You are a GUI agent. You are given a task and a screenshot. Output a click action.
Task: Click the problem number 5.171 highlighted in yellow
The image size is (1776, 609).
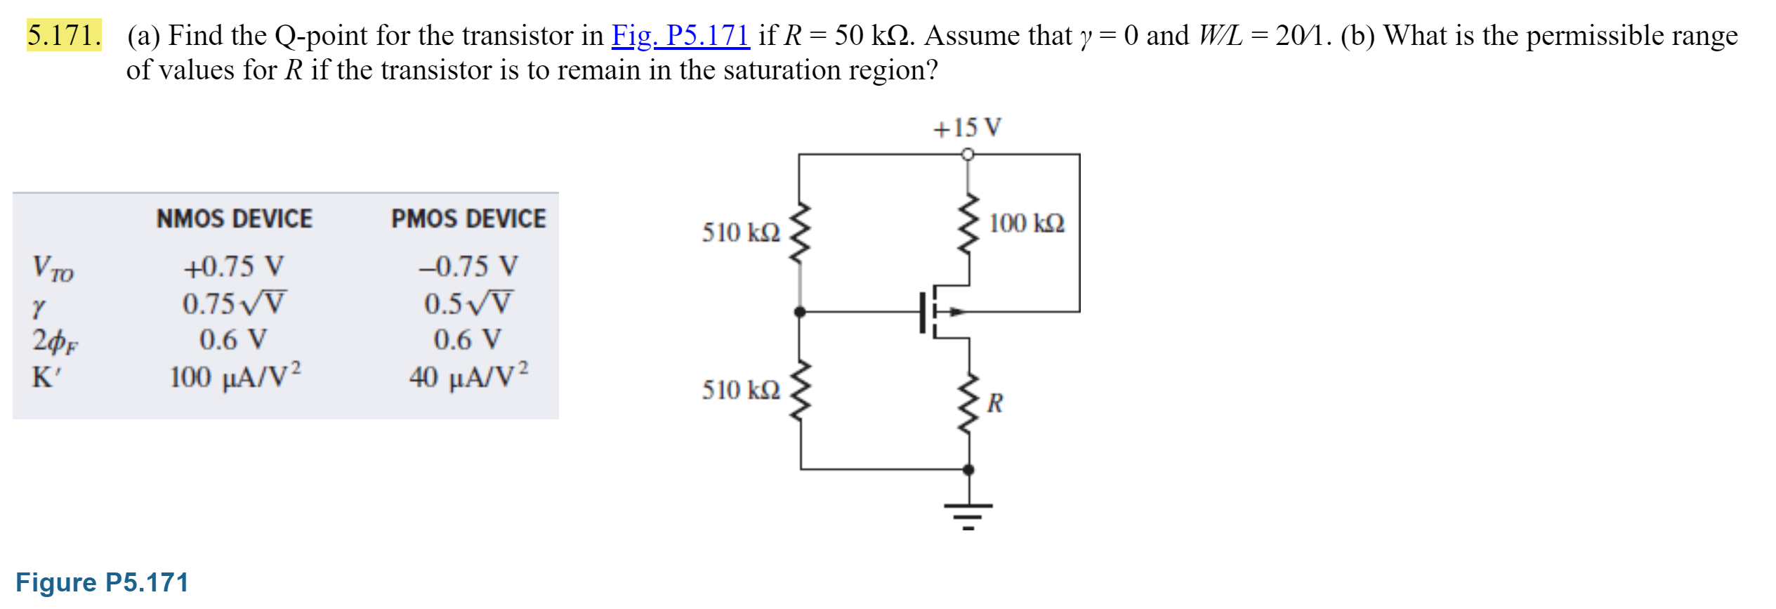(64, 35)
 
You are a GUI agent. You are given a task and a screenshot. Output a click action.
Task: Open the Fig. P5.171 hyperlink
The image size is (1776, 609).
(680, 35)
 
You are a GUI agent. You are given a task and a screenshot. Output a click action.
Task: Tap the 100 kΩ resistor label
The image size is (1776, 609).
(1026, 223)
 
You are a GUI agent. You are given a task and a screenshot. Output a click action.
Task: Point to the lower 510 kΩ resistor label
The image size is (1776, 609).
(740, 390)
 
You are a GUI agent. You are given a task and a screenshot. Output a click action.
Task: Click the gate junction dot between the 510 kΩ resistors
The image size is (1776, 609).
(800, 312)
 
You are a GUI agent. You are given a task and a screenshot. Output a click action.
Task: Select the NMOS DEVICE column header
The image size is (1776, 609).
(234, 219)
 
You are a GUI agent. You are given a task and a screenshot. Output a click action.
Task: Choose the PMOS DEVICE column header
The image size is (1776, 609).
(468, 219)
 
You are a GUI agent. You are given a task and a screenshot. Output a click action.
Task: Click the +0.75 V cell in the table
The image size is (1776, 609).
(234, 267)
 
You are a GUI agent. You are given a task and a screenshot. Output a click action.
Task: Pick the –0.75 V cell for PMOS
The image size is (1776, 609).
(468, 267)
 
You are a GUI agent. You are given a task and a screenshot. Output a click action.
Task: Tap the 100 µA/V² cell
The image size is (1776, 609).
(235, 377)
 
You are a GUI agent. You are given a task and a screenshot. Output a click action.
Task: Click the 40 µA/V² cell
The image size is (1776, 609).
(468, 377)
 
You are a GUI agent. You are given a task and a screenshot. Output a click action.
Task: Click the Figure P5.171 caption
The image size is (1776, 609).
(102, 582)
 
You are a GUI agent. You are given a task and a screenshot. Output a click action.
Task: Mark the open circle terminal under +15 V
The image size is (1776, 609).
(968, 154)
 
